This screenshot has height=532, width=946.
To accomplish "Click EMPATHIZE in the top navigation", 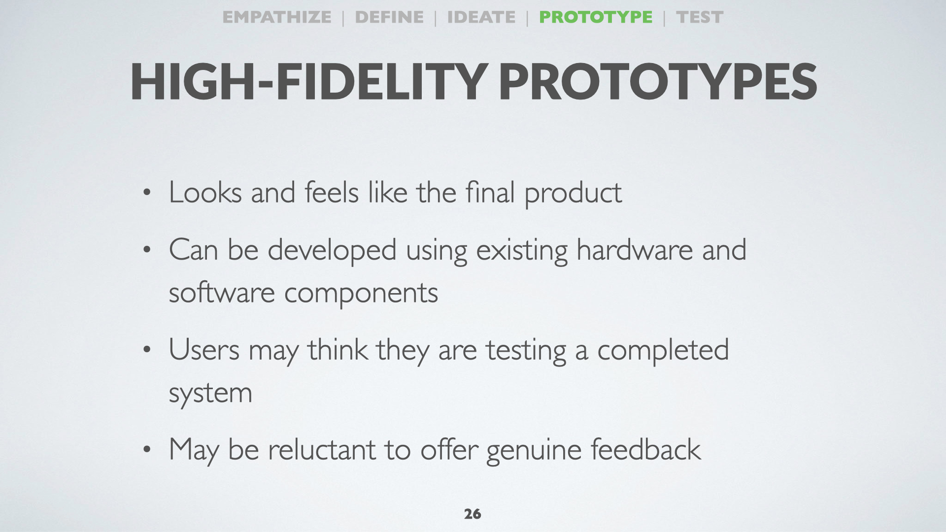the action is click(277, 17).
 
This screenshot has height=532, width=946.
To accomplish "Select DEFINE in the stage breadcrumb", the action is click(389, 17).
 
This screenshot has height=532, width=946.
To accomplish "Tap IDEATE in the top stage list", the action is click(481, 17).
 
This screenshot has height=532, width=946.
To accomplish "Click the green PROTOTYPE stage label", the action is click(596, 17).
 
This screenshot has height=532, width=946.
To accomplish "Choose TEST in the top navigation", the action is click(700, 17).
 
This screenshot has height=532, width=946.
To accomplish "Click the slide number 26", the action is click(473, 514).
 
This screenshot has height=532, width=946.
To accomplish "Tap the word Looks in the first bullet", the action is click(205, 192).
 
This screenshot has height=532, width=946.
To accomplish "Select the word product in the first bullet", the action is click(573, 193).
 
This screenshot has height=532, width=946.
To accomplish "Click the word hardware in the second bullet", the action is click(635, 250).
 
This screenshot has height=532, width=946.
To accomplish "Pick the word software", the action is click(222, 293).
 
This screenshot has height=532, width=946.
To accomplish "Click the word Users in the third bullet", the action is click(204, 350).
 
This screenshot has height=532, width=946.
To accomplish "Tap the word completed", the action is click(663, 351).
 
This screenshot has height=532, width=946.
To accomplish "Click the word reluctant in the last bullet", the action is click(322, 449).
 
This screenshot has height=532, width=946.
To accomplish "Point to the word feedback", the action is click(645, 449).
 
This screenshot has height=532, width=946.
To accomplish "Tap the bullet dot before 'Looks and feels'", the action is click(146, 193).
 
